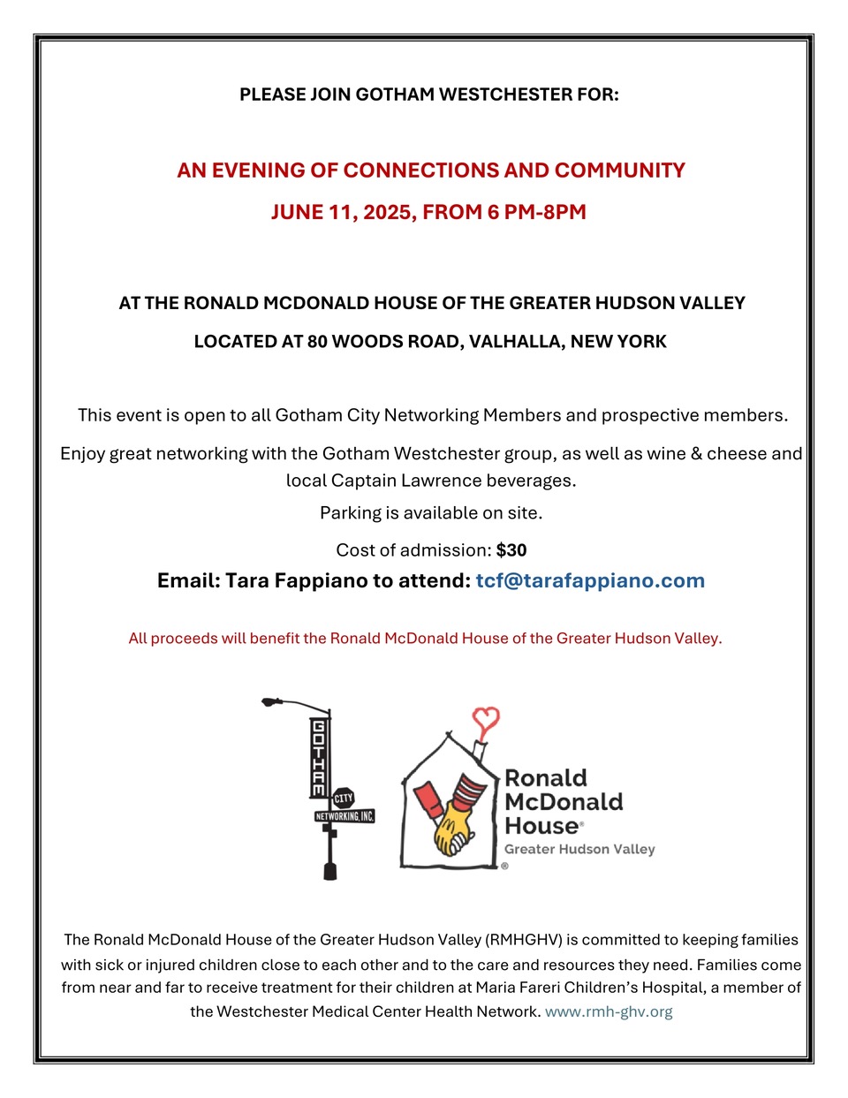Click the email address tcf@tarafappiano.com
pyautogui.click(x=590, y=580)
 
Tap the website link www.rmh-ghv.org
pyautogui.click(x=609, y=1011)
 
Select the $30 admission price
pyautogui.click(x=511, y=550)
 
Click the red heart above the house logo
pyautogui.click(x=485, y=721)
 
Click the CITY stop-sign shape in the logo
pyautogui.click(x=343, y=799)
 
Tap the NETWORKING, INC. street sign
pyautogui.click(x=344, y=816)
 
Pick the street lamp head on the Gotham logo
pyautogui.click(x=272, y=703)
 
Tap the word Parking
pyautogui.click(x=350, y=512)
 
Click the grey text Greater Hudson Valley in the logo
pyautogui.click(x=579, y=849)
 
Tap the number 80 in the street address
pyautogui.click(x=317, y=342)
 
